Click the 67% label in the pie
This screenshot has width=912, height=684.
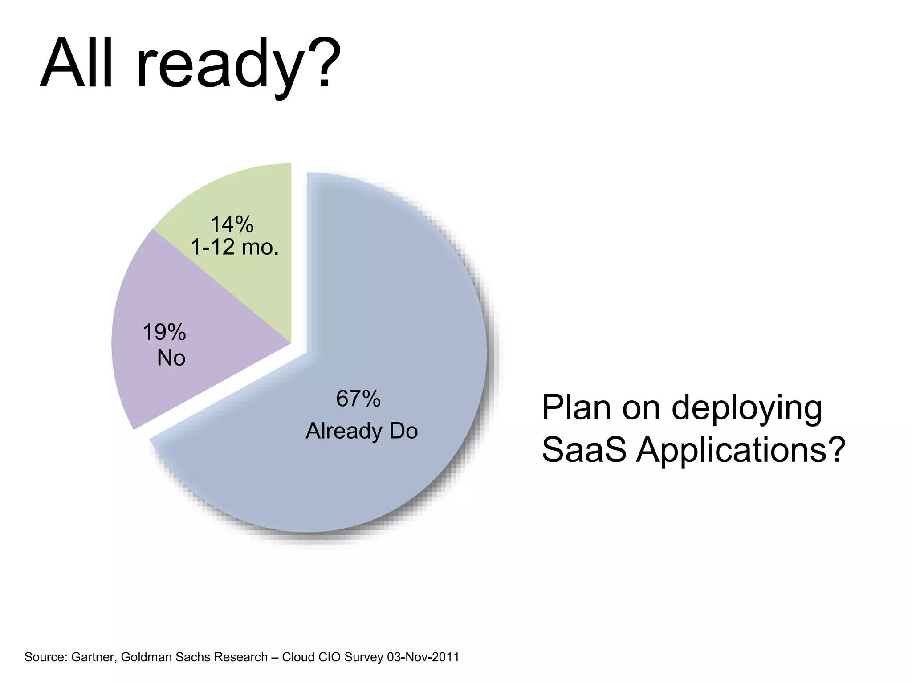click(358, 399)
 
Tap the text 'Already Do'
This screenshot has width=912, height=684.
click(362, 431)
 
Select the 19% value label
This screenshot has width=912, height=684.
click(164, 333)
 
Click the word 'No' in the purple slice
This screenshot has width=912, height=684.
click(171, 358)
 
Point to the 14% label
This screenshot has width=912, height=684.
click(232, 224)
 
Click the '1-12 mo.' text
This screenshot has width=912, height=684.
click(235, 247)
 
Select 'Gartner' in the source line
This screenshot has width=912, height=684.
click(94, 657)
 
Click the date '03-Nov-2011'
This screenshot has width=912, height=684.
click(423, 657)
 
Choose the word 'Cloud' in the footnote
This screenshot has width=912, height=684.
click(299, 657)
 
